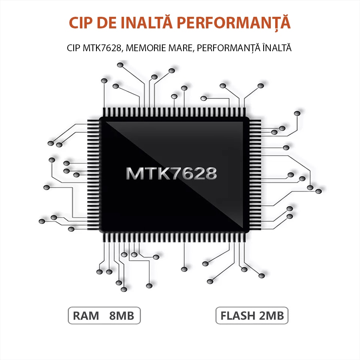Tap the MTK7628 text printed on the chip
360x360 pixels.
click(171, 173)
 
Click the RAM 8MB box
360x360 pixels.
click(104, 316)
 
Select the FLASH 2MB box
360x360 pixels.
click(252, 316)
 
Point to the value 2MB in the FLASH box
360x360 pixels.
click(272, 316)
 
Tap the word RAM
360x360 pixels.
click(86, 316)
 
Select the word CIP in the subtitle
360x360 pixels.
click(74, 48)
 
